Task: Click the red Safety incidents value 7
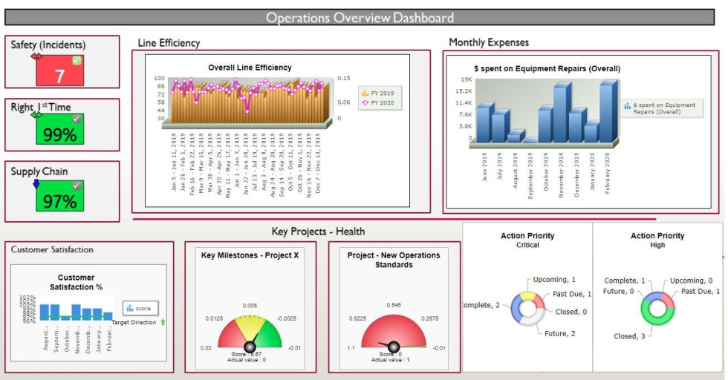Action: point(60,75)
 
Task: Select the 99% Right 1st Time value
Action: point(60,134)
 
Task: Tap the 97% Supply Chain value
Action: point(60,200)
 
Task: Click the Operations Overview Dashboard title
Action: point(360,18)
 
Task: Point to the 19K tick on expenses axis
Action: point(467,79)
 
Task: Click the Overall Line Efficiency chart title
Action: point(250,68)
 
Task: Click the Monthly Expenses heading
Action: point(489,42)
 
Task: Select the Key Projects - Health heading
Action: point(318,232)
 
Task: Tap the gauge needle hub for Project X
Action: point(250,347)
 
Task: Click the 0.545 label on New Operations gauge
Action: point(394,305)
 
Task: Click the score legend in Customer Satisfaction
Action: point(140,308)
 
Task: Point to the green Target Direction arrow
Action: point(163,323)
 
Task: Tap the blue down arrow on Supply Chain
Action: point(36,183)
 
